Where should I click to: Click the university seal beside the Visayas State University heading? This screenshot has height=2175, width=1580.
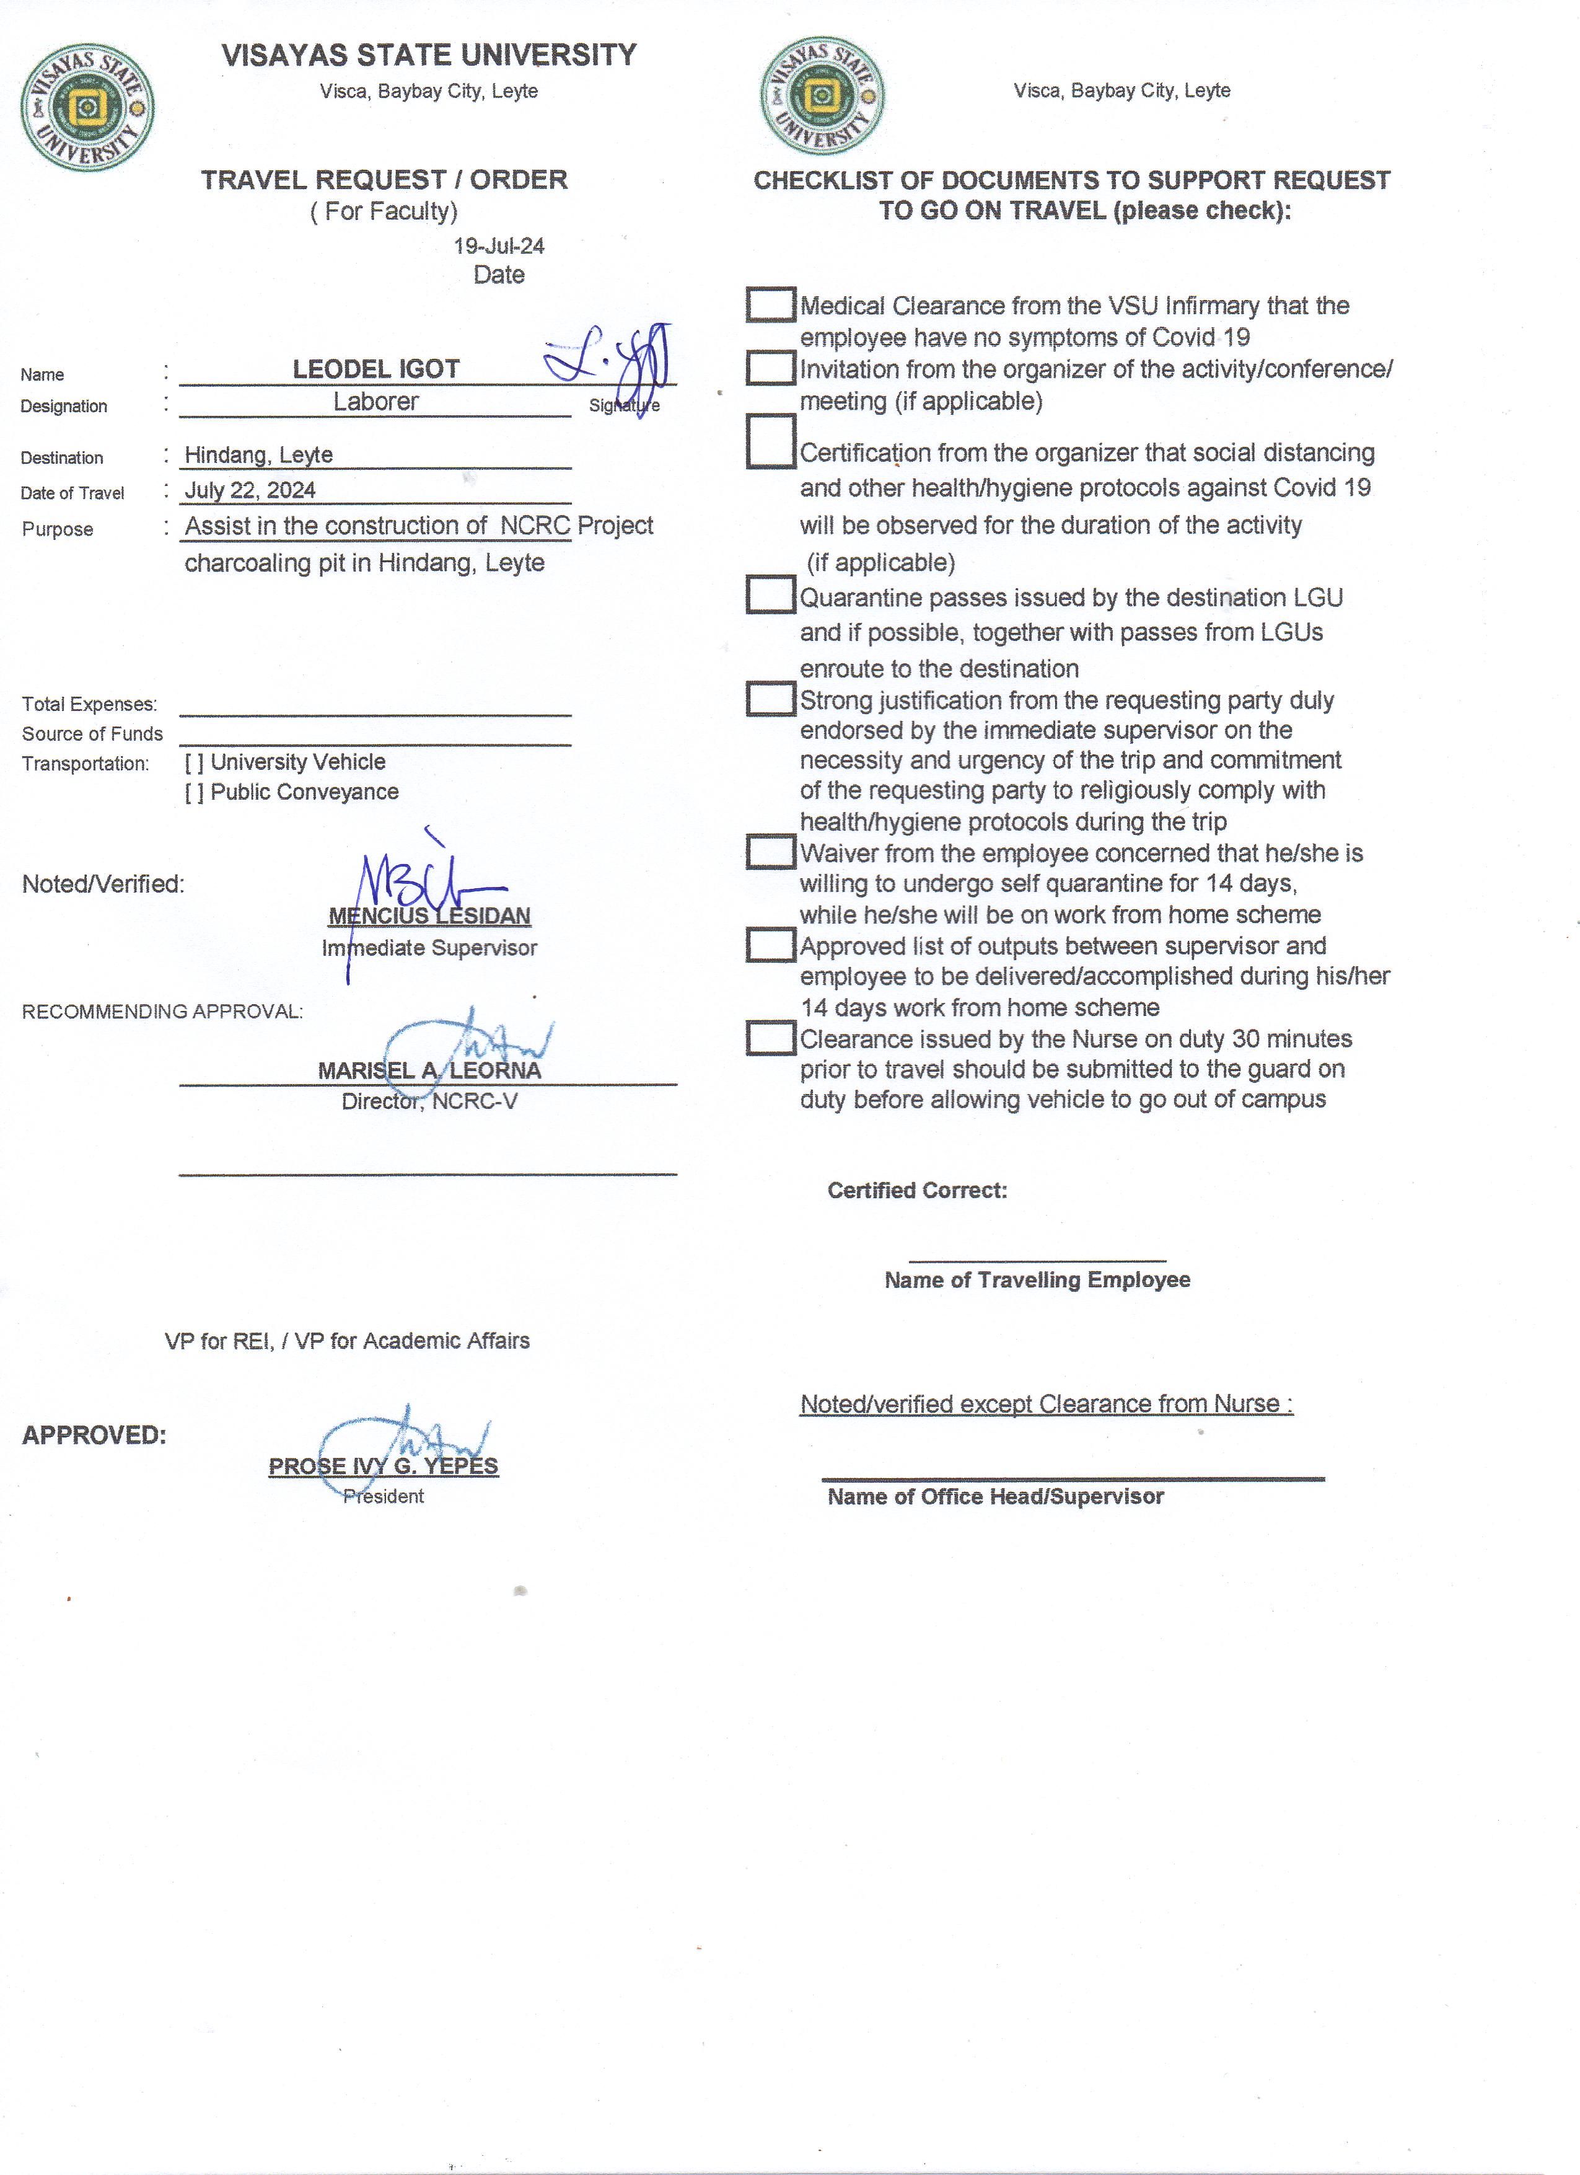87,107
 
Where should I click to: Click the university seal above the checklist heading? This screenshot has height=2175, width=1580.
822,97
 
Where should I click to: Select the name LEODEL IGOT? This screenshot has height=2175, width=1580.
376,369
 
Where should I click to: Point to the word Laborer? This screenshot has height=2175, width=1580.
376,402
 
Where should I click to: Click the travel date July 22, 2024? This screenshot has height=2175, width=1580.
250,491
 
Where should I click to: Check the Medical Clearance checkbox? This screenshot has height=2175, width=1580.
770,305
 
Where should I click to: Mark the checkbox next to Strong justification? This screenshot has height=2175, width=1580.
770,699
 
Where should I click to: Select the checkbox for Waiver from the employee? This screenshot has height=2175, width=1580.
770,852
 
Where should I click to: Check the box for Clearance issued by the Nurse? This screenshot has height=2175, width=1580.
770,1038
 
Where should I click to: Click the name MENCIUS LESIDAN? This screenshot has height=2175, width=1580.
429,917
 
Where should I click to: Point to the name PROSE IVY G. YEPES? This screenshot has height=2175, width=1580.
384,1467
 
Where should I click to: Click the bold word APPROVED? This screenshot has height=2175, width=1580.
94,1436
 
